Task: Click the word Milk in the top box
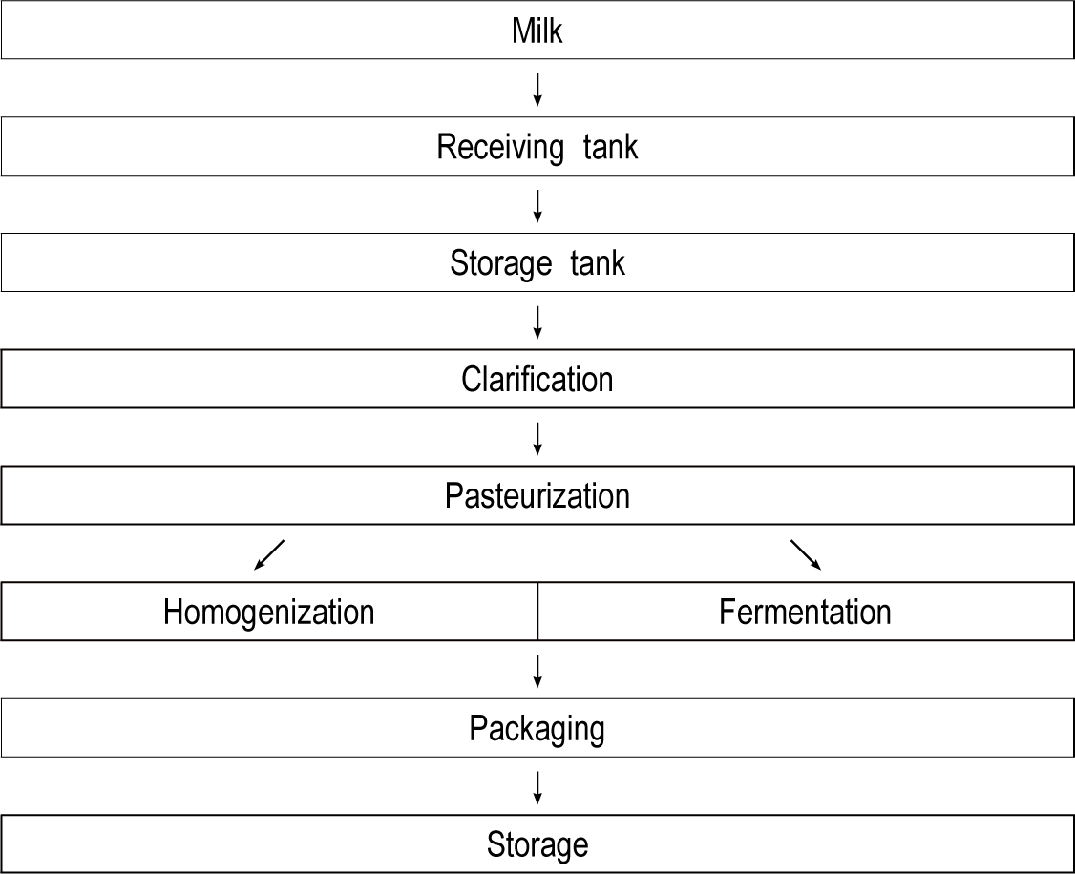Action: pos(537,31)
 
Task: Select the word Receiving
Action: pos(500,148)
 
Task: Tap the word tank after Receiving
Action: pos(610,147)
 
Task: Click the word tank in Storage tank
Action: pos(597,263)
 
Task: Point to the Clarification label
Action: pos(537,380)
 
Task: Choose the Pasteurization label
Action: pos(537,496)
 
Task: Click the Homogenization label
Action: pos(269,613)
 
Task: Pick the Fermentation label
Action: pos(805,613)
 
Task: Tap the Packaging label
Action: pos(537,730)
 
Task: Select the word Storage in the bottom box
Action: pos(537,846)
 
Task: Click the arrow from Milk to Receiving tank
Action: pos(537,90)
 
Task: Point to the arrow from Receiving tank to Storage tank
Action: pos(537,206)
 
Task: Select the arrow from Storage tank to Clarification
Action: pos(537,323)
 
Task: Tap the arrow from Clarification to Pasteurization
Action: pos(537,439)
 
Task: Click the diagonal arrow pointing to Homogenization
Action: pos(269,554)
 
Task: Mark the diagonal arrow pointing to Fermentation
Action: pos(806,554)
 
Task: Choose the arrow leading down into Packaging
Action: pos(537,672)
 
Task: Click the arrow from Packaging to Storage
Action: pos(537,788)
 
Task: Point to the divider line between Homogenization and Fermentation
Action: pos(537,612)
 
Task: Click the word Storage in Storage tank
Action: pos(500,264)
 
